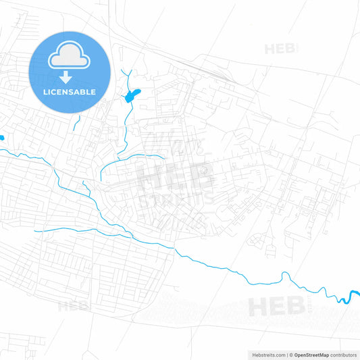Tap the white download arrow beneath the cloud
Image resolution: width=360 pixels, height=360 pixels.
point(69,76)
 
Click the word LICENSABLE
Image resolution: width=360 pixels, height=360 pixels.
point(69,92)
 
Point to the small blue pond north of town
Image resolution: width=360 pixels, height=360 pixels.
point(130,96)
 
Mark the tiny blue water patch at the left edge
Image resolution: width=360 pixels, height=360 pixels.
point(2,138)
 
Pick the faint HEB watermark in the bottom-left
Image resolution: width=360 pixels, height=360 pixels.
point(73,306)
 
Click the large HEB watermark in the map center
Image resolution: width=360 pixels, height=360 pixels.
point(174,177)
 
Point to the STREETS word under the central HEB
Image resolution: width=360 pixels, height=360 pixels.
point(174,201)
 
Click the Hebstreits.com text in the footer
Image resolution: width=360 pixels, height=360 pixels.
point(266,355)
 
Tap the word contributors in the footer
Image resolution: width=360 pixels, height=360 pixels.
point(344,355)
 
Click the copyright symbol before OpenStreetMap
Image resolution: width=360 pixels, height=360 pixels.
point(291,355)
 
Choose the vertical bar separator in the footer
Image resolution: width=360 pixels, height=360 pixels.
point(287,355)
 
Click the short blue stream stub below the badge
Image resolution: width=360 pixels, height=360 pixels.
point(78,122)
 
